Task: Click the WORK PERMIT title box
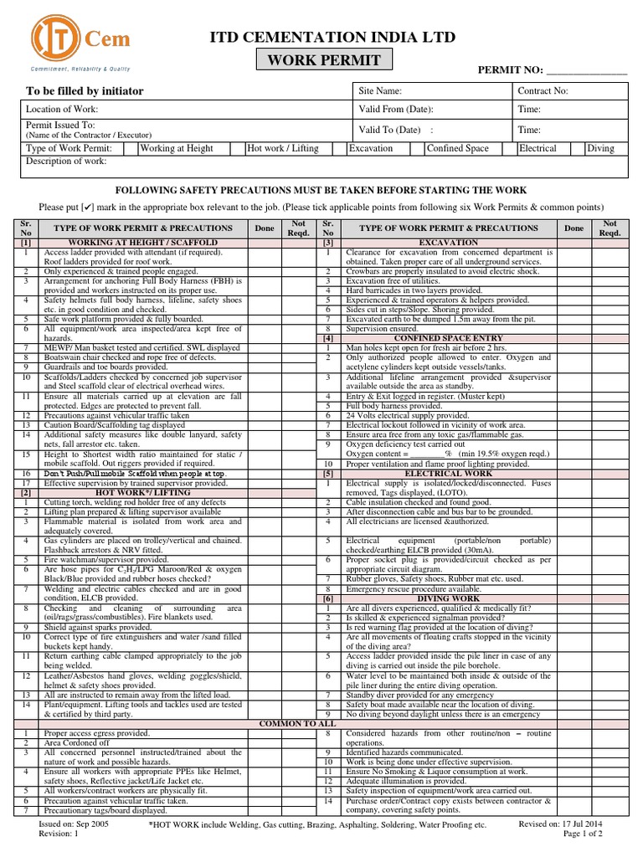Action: pos(323,60)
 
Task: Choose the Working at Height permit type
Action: pos(177,148)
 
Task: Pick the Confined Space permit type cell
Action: pos(457,148)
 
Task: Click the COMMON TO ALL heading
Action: pos(297,722)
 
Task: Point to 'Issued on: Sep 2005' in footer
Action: pos(75,824)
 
